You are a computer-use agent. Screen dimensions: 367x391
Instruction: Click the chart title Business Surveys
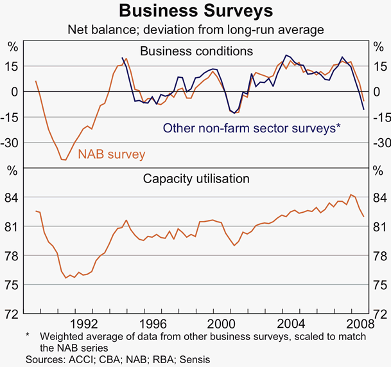(x=196, y=11)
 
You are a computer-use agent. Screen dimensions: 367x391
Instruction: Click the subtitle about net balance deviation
(x=196, y=30)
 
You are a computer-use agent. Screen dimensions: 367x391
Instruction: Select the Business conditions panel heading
(x=196, y=51)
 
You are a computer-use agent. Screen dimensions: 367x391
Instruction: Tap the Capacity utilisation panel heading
(x=196, y=178)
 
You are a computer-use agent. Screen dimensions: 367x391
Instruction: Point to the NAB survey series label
(x=112, y=154)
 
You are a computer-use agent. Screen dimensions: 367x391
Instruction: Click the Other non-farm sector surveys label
(x=251, y=128)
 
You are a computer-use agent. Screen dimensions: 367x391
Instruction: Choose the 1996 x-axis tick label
(x=152, y=324)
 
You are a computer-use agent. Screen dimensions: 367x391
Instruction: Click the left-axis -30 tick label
(x=12, y=143)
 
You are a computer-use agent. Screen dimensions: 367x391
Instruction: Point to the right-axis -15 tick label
(x=378, y=117)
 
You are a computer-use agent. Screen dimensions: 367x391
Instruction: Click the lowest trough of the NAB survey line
(x=63, y=159)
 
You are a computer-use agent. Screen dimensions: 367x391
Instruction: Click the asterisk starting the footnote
(x=28, y=336)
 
